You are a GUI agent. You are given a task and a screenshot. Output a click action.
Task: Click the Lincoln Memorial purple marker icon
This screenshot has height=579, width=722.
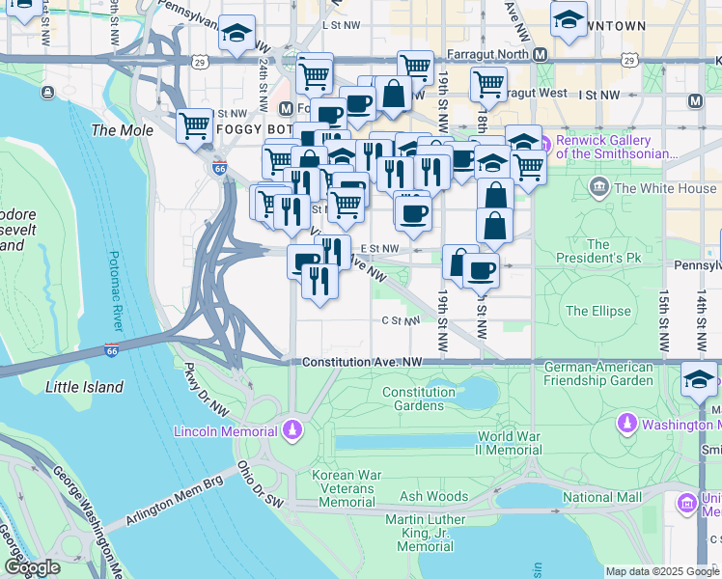point(292,429)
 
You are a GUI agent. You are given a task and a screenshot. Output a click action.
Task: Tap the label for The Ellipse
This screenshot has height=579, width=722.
point(597,311)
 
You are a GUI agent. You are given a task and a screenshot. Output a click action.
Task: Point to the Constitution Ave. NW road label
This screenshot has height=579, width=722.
point(362,362)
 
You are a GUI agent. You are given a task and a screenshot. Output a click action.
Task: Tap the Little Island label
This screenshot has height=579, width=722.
point(85,387)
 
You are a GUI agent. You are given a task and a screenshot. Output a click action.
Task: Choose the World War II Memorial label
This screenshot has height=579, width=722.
point(508,443)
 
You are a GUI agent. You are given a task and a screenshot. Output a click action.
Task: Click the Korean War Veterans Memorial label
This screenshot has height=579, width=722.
point(347,488)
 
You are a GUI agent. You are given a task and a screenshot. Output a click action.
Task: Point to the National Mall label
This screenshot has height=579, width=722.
point(602,498)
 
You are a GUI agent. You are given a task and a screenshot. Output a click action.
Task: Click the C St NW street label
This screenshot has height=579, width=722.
point(401,320)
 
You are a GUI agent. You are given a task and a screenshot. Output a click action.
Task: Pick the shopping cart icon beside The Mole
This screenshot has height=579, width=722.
point(196,125)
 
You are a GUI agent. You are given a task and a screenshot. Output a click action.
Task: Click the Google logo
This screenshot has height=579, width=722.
point(32,567)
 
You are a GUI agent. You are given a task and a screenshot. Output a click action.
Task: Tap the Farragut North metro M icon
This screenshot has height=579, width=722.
point(540,54)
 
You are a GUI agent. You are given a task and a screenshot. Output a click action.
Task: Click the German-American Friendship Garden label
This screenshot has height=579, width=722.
point(598,373)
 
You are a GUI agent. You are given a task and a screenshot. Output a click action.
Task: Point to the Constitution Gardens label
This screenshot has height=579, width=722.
point(418,399)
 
